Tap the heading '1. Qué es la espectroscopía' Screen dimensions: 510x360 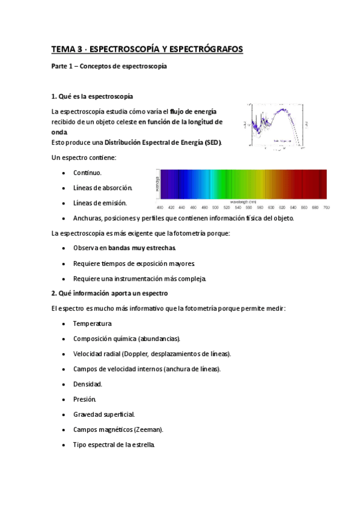coord(92,96)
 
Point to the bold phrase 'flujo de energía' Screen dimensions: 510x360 coord(194,111)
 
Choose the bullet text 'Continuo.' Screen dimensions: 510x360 coord(87,173)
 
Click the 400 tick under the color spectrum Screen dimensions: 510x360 coord(160,207)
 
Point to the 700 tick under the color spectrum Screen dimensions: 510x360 coord(326,207)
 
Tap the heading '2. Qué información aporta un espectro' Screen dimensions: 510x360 coord(109,293)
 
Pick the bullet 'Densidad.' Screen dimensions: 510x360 coord(88,384)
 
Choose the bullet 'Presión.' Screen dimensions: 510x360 coord(85,399)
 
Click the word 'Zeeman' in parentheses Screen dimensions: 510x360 coord(148,429)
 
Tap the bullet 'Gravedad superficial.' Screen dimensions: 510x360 coord(104,414)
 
